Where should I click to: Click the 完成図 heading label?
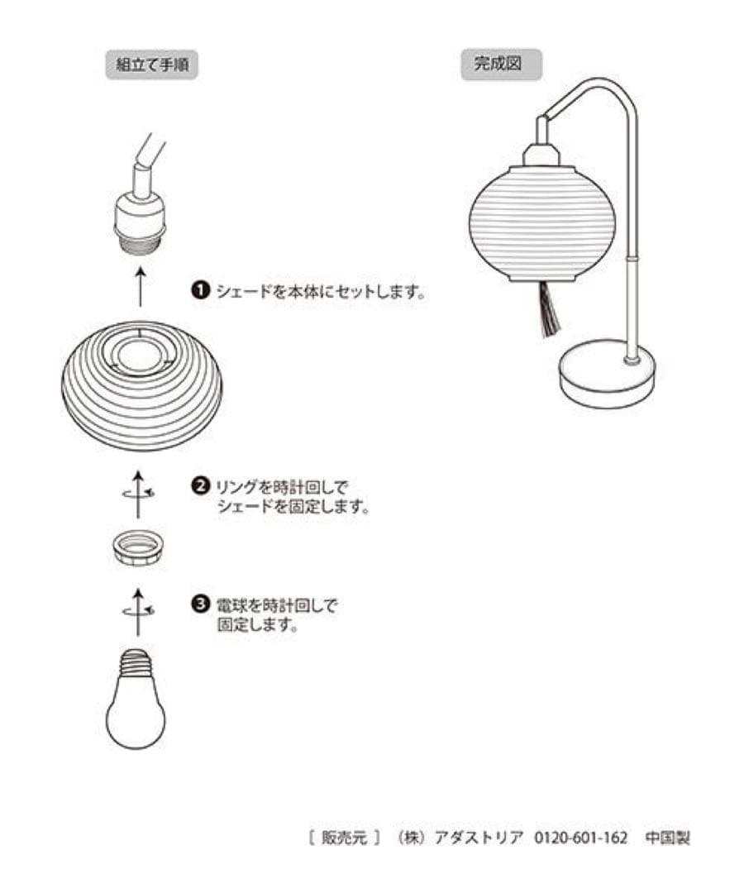click(x=500, y=64)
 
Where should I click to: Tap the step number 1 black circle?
click(x=200, y=291)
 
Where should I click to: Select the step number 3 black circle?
click(x=200, y=605)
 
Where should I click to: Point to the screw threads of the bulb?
click(x=136, y=662)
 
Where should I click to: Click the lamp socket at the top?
click(x=140, y=211)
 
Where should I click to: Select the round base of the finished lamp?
click(x=606, y=375)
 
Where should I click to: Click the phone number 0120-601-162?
click(x=581, y=838)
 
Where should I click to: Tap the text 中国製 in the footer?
click(x=667, y=838)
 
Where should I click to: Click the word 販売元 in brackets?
click(x=342, y=838)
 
